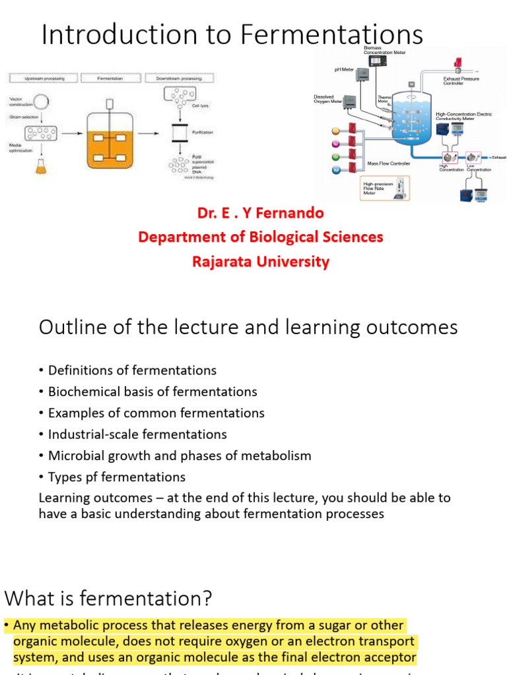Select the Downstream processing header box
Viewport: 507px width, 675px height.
click(x=178, y=78)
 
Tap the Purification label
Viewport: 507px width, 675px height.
click(x=202, y=132)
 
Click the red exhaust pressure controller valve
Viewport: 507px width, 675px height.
click(x=457, y=64)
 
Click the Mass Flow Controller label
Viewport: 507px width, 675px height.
click(x=389, y=163)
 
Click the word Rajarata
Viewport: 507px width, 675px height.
click(x=222, y=262)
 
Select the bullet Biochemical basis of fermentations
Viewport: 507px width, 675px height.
click(x=152, y=392)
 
